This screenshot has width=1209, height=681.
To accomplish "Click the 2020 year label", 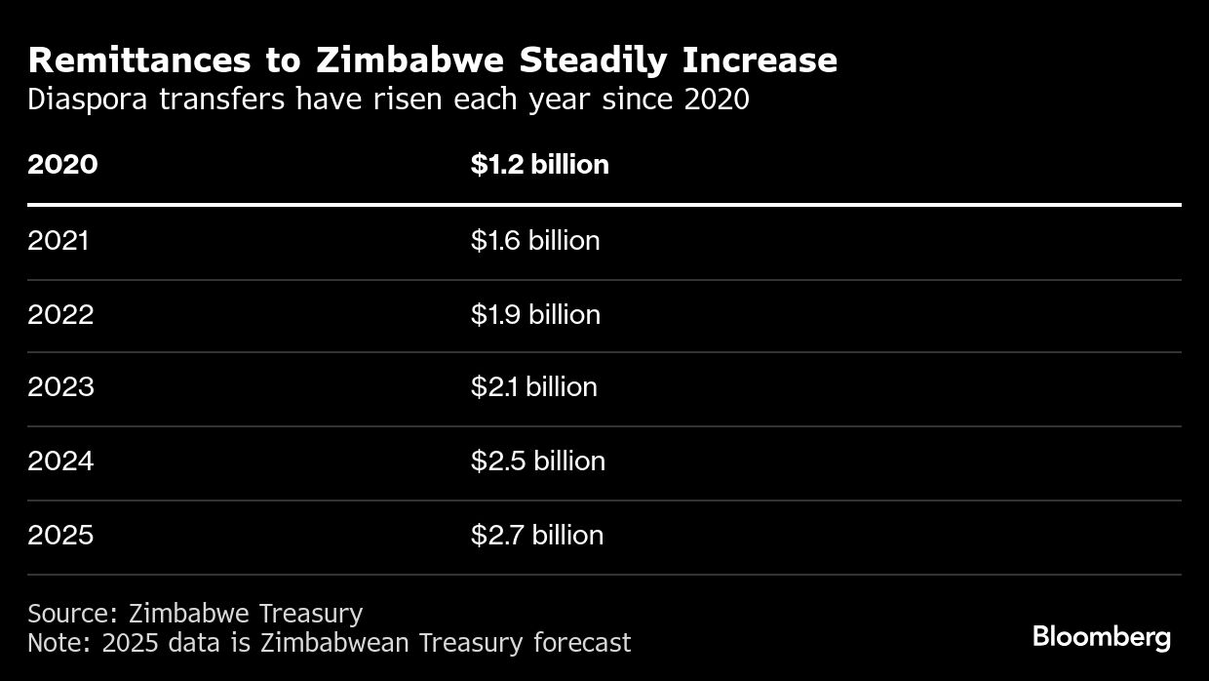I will click(62, 164).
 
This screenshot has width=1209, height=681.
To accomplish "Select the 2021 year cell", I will click(58, 240).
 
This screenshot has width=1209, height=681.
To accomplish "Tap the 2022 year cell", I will click(60, 314).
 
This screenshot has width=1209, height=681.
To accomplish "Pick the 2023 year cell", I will click(60, 387).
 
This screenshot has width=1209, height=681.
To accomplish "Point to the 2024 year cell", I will click(60, 461).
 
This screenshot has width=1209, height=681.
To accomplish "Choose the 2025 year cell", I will click(60, 535).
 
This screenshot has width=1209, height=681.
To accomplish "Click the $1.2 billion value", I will click(539, 164).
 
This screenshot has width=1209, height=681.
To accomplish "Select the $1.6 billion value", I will click(535, 240).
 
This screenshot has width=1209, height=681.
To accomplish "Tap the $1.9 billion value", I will click(535, 314).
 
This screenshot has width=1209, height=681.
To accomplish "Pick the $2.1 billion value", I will click(533, 387).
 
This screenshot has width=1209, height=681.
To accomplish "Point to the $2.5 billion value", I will click(537, 461).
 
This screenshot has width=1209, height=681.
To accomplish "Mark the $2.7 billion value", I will click(536, 535).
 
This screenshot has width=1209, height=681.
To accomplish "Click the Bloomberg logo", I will click(1102, 637).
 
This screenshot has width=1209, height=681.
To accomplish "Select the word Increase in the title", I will click(760, 60).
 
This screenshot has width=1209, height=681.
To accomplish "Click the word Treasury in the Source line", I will click(312, 614).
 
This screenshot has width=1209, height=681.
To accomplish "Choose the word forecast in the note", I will click(582, 643).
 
